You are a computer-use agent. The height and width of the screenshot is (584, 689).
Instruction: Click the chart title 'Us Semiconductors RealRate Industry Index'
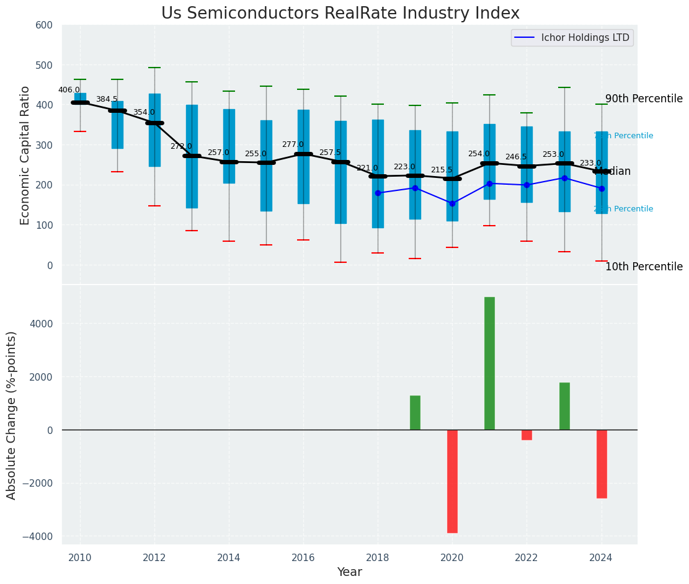click(x=340, y=14)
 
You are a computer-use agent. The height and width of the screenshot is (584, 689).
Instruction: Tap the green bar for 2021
click(x=489, y=363)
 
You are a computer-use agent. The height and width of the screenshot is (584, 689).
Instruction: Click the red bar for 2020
click(x=452, y=481)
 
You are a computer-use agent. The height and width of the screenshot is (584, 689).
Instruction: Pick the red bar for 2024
click(x=602, y=464)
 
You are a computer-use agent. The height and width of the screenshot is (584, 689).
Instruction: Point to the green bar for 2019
click(x=415, y=413)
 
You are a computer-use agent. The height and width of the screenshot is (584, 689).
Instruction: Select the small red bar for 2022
click(x=527, y=435)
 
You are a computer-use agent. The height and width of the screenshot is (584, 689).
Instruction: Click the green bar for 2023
click(x=564, y=406)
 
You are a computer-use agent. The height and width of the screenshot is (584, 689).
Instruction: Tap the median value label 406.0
click(x=69, y=90)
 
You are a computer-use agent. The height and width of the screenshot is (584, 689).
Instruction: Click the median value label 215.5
click(x=442, y=170)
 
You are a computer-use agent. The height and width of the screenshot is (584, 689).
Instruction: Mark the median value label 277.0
click(x=293, y=144)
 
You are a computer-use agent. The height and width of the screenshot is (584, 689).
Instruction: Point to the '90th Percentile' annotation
click(x=644, y=99)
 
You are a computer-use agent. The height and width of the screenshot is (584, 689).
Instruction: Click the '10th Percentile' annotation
click(x=644, y=267)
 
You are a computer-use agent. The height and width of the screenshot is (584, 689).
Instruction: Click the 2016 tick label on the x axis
click(x=303, y=558)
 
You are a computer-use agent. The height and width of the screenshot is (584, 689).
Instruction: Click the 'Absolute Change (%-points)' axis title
click(x=12, y=415)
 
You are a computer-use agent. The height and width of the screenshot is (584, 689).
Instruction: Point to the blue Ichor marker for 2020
click(x=452, y=203)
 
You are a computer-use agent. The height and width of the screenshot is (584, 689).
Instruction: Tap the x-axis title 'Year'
click(x=349, y=572)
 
